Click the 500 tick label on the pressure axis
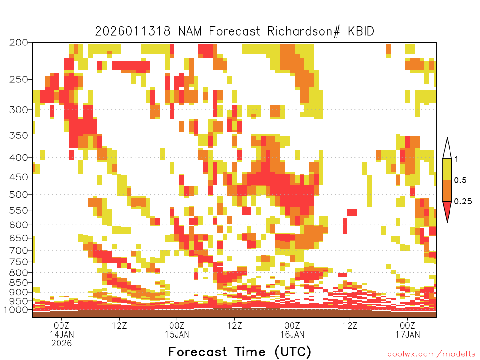click(x=18, y=195)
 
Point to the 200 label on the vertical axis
click(x=18, y=43)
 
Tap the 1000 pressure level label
click(x=15, y=309)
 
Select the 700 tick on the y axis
click(x=18, y=250)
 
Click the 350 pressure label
click(x=18, y=135)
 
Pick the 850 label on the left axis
click(x=18, y=282)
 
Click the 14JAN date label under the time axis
click(x=62, y=334)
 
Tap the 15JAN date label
click(x=177, y=334)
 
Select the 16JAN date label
click(x=292, y=334)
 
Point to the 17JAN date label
click(x=408, y=334)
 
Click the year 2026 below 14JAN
click(x=61, y=344)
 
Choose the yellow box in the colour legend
click(x=447, y=169)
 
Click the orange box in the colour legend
click(x=447, y=190)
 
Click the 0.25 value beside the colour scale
click(x=463, y=202)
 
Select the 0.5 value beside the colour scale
click(x=460, y=180)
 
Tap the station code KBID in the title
click(x=361, y=31)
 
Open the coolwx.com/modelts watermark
click(x=432, y=354)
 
